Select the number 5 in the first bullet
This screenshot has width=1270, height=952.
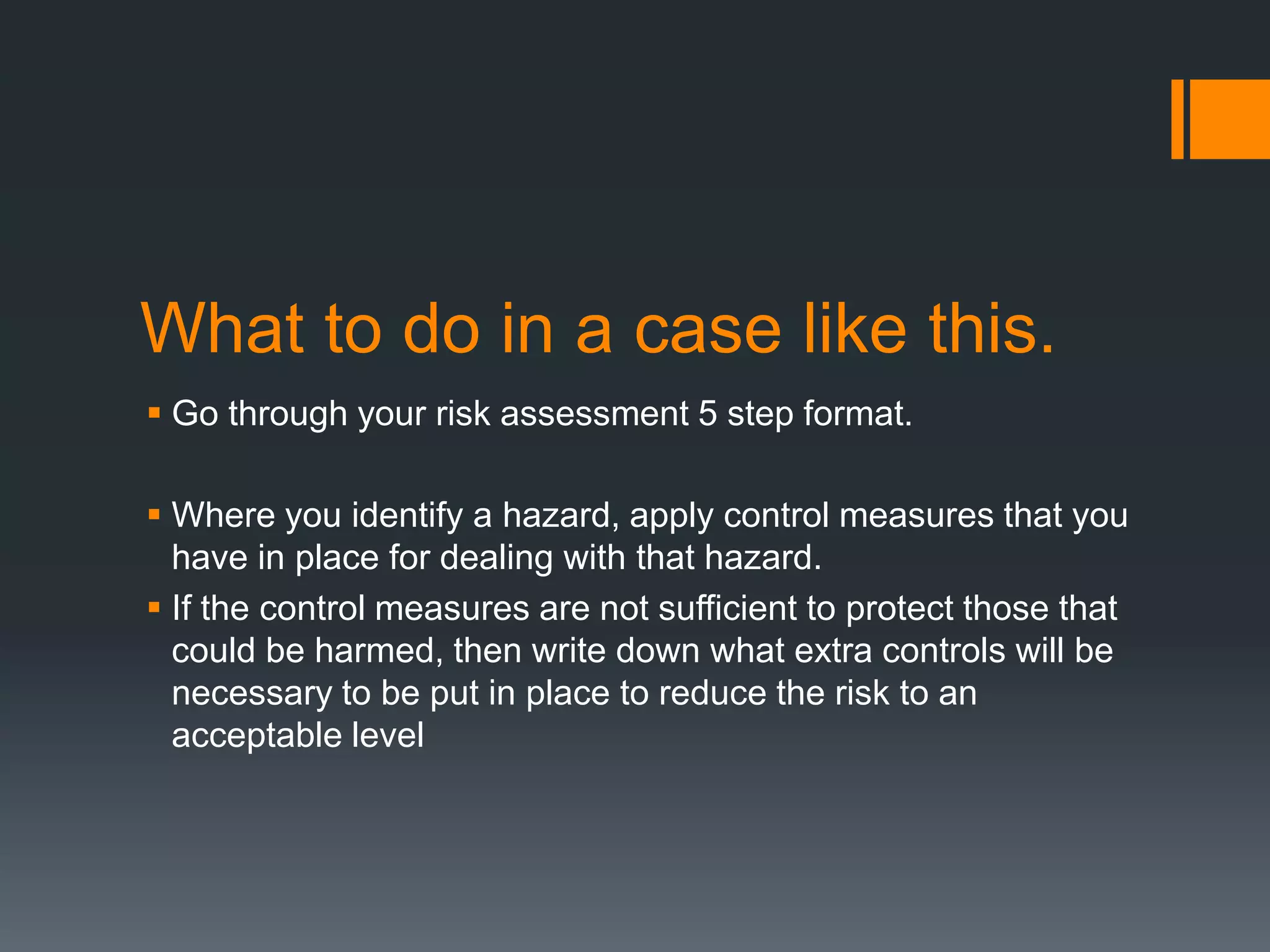click(x=708, y=413)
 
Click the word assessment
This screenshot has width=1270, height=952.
click(x=594, y=413)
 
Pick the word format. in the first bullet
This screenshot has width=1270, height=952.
click(x=858, y=413)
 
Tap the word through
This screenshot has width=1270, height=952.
click(x=288, y=413)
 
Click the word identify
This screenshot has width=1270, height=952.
click(x=407, y=516)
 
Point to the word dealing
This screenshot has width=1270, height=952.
click(x=496, y=558)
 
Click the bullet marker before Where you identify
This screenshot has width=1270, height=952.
click(x=154, y=514)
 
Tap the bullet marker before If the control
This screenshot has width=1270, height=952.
click(x=154, y=607)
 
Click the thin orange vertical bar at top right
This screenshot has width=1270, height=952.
click(x=1177, y=119)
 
